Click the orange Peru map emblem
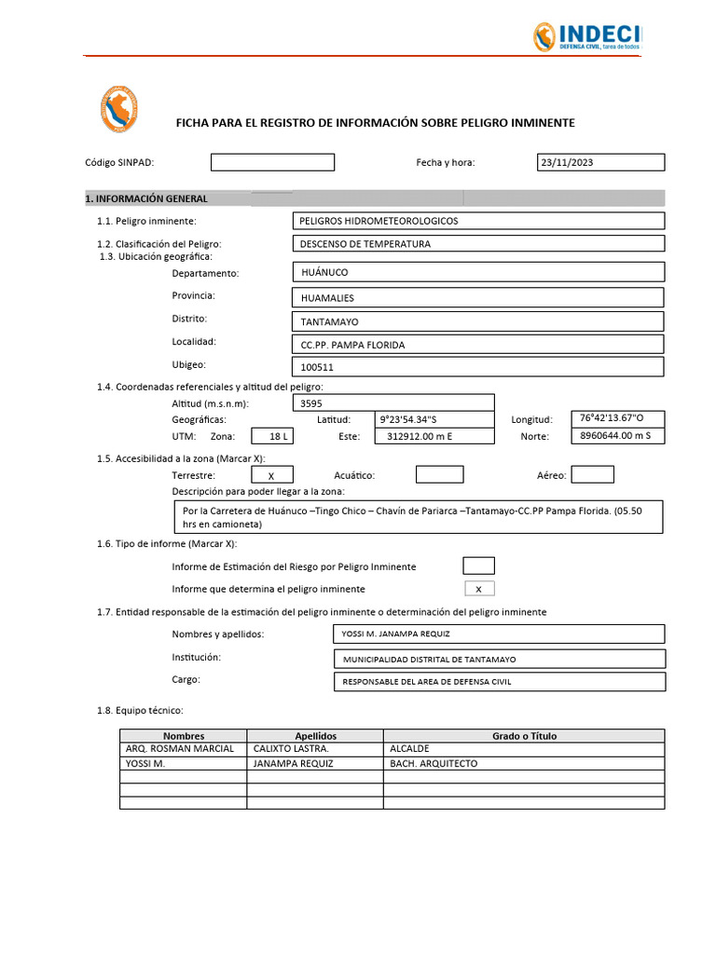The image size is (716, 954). [x=118, y=111]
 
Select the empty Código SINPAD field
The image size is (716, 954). [x=272, y=162]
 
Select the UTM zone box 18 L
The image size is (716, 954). [x=278, y=436]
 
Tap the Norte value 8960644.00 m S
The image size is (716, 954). [x=616, y=435]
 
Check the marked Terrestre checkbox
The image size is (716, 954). [x=271, y=475]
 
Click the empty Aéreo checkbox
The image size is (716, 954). [x=592, y=475]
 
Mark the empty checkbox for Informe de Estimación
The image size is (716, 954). [x=478, y=566]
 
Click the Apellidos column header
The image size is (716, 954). [x=315, y=735]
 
